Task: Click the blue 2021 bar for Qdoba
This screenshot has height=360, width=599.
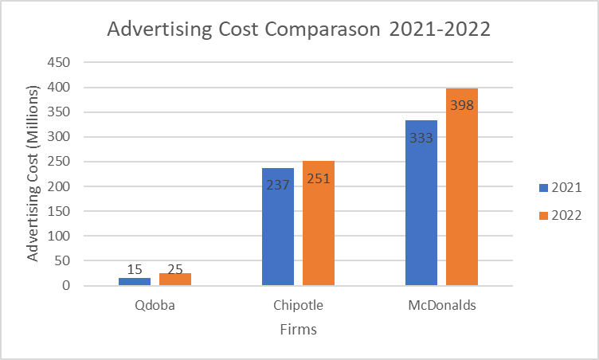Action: (135, 281)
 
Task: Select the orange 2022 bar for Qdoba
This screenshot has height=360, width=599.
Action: (175, 279)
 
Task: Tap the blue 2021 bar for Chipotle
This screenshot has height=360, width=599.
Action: (278, 231)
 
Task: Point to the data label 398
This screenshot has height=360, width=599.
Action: (462, 105)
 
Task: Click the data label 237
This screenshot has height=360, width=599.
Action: (278, 185)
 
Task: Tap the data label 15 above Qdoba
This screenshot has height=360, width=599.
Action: (135, 270)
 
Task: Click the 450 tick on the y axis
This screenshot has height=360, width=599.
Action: (60, 62)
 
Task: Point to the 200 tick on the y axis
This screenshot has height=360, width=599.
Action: (60, 186)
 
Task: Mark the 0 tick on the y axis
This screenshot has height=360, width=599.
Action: (67, 286)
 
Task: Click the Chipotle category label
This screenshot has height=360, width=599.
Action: (298, 306)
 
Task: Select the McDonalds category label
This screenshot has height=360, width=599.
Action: (441, 306)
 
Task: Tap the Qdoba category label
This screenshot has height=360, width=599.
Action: (155, 306)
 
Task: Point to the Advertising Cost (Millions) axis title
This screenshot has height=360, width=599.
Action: (33, 174)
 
